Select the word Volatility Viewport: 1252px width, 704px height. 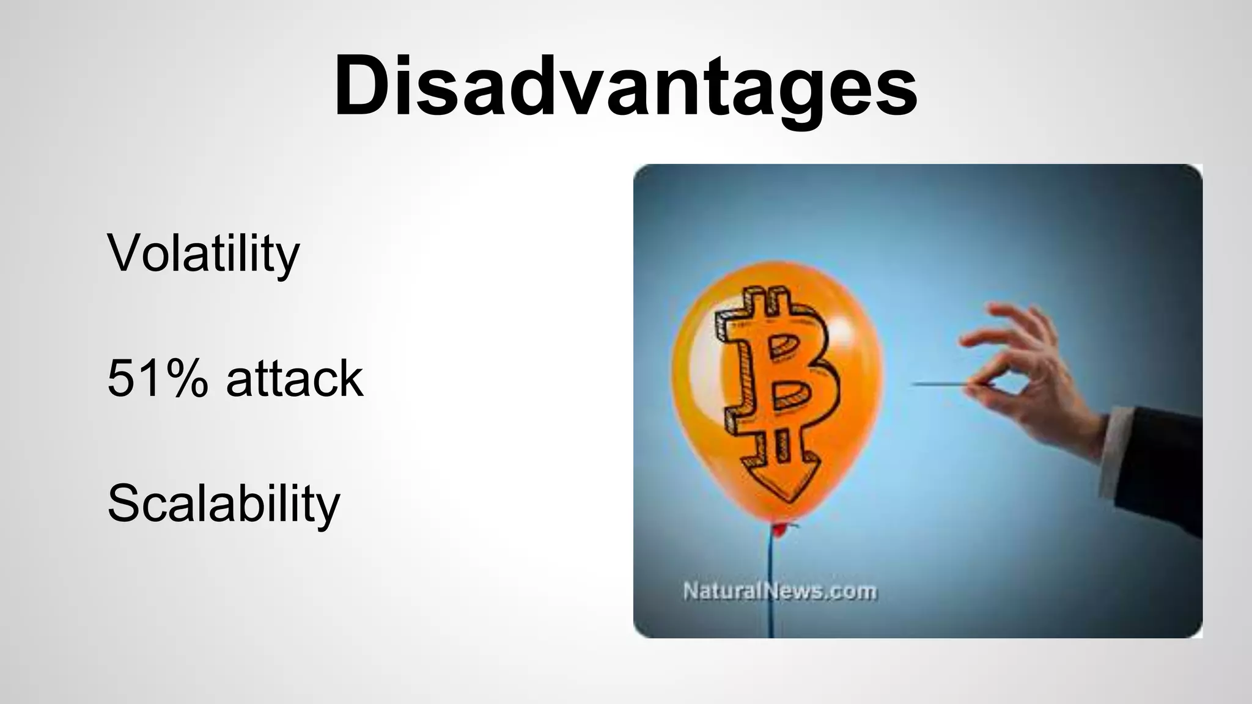(x=203, y=253)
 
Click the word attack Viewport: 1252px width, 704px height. (x=295, y=378)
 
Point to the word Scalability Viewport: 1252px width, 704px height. (x=223, y=504)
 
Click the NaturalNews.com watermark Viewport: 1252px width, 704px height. (x=779, y=591)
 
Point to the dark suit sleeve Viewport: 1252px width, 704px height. (x=1162, y=464)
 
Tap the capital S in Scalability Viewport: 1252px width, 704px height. (x=125, y=502)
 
